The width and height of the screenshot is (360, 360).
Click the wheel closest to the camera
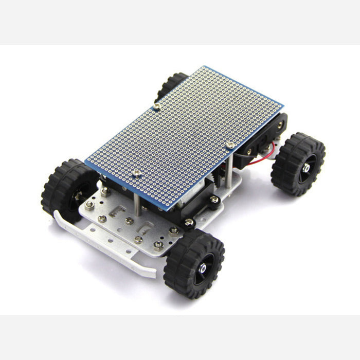[194, 263]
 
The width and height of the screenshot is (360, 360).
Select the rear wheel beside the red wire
[298, 164]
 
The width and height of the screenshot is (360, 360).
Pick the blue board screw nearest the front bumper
[137, 174]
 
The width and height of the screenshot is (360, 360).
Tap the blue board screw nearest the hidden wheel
[157, 106]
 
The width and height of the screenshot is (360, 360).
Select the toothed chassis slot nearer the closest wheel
[145, 226]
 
